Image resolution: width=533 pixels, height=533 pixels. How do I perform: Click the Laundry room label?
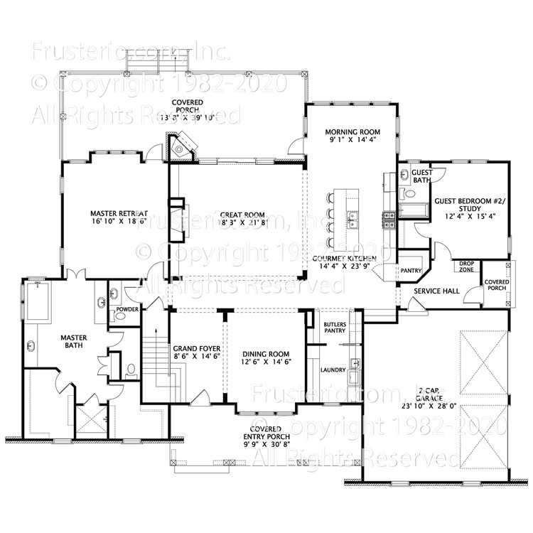(x=333, y=370)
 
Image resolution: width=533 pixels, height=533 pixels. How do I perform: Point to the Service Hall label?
(x=437, y=291)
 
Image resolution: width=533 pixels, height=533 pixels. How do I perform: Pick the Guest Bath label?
(x=422, y=176)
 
